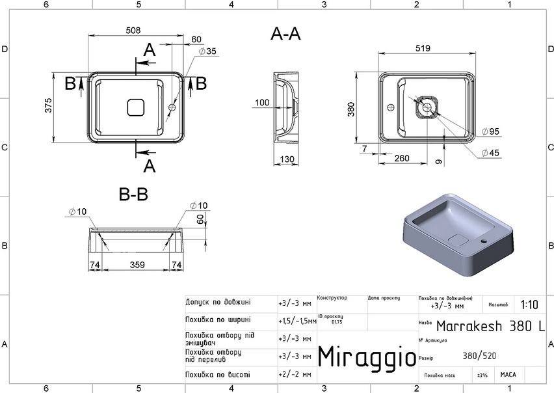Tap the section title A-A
click(285, 34)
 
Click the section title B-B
click(134, 194)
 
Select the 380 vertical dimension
click(352, 107)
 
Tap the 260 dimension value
click(401, 158)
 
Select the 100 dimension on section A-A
click(262, 102)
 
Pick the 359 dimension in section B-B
click(137, 265)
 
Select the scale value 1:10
click(529, 305)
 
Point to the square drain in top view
click(135, 106)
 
